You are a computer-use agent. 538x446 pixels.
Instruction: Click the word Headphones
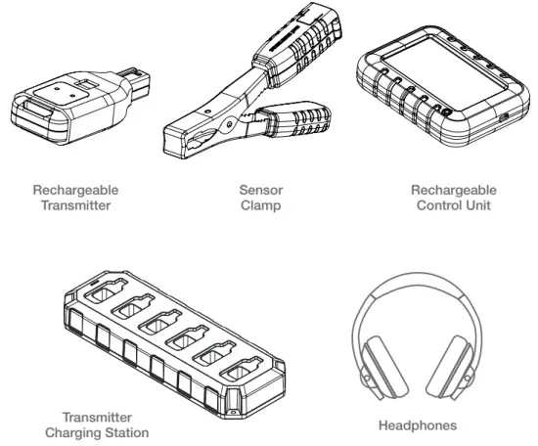click(x=417, y=425)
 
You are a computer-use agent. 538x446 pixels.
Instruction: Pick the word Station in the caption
click(x=126, y=432)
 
